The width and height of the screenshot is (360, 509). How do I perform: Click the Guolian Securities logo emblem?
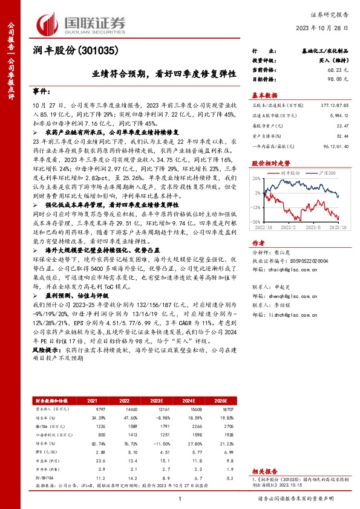tap(48, 22)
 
